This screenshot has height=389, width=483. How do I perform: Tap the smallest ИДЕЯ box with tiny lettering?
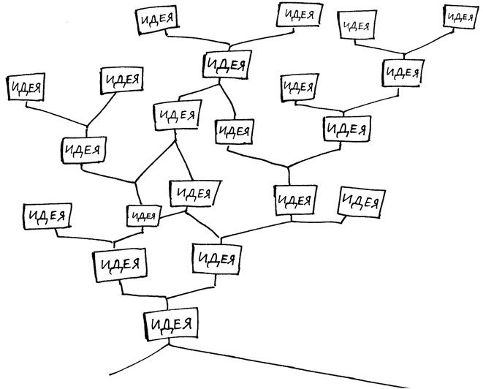pyautogui.click(x=143, y=215)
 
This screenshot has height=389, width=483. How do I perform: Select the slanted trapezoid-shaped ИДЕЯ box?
pyautogui.click(x=194, y=194)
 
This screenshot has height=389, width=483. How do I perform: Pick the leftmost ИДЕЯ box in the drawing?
pyautogui.click(x=25, y=86)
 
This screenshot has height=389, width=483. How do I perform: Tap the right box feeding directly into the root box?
pyautogui.click(x=216, y=258)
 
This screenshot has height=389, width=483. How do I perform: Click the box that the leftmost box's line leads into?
pyautogui.click(x=81, y=149)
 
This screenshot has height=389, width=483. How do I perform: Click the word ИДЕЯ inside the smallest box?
pyautogui.click(x=143, y=215)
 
